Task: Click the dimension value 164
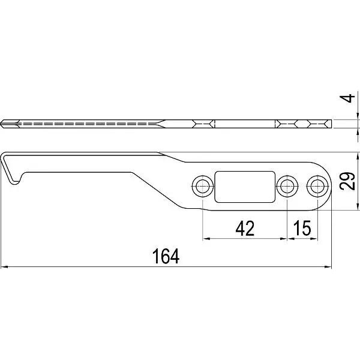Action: pyautogui.click(x=166, y=256)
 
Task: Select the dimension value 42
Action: pyautogui.click(x=245, y=229)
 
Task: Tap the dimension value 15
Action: pyautogui.click(x=302, y=228)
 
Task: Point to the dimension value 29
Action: pyautogui.click(x=347, y=181)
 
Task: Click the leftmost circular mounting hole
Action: pyautogui.click(x=203, y=186)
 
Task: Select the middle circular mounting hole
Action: pyautogui.click(x=287, y=186)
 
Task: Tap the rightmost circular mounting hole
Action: pyautogui.click(x=317, y=186)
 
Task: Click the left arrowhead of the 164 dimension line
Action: pyautogui.click(x=5, y=267)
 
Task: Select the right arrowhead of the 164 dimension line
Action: pyautogui.click(x=328, y=267)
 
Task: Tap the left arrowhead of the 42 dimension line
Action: pyautogui.click(x=206, y=239)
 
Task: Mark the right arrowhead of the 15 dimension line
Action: pyautogui.click(x=314, y=239)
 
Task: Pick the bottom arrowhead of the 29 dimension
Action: pyautogui.click(x=357, y=206)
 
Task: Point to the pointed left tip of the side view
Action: pyautogui.click(x=2, y=124)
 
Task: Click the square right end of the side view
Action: pyautogui.click(x=331, y=124)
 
